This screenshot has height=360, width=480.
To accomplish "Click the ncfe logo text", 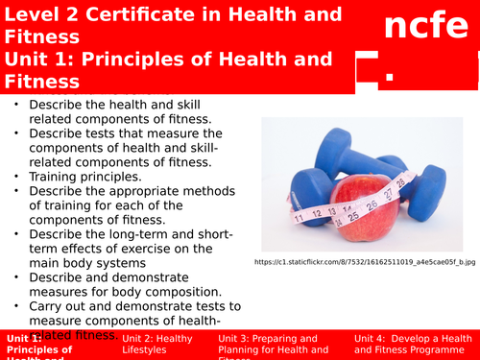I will click(418, 28).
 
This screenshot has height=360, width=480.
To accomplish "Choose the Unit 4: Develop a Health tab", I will click(413, 345).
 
